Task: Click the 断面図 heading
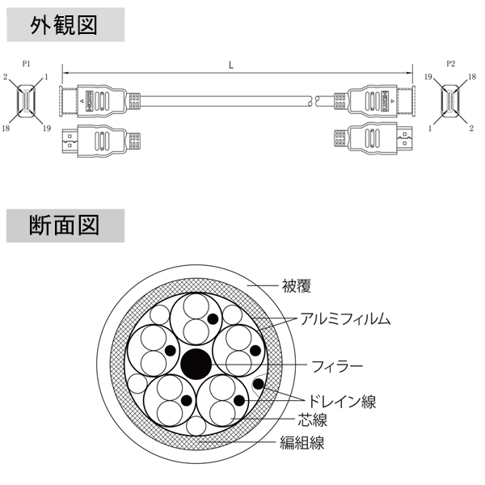[64, 225]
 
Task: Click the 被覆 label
[297, 285]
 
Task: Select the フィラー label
[332, 365]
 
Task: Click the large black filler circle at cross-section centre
[195, 364]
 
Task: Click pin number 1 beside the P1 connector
[48, 77]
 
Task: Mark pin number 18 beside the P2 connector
[472, 77]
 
